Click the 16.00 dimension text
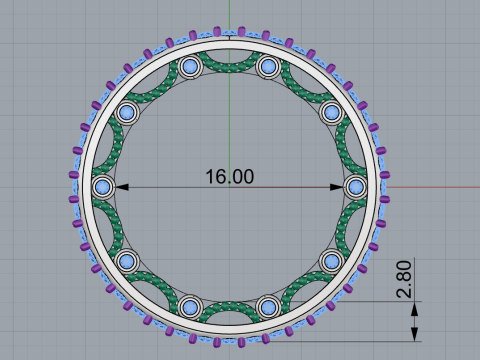coord(230,177)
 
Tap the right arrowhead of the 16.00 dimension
coord(339,187)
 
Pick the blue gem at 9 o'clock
coord(102,187)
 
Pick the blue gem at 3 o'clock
coord(357,187)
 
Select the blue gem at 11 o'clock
coord(189,68)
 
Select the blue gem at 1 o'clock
coord(268,68)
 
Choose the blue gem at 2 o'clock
coord(332,113)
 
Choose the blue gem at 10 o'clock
coord(126,113)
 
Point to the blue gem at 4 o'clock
coord(332,261)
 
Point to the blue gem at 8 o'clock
coord(126,261)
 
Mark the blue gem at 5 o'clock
coord(268,305)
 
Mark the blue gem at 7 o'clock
coord(189,305)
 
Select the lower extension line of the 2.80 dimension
coord(380,341)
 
